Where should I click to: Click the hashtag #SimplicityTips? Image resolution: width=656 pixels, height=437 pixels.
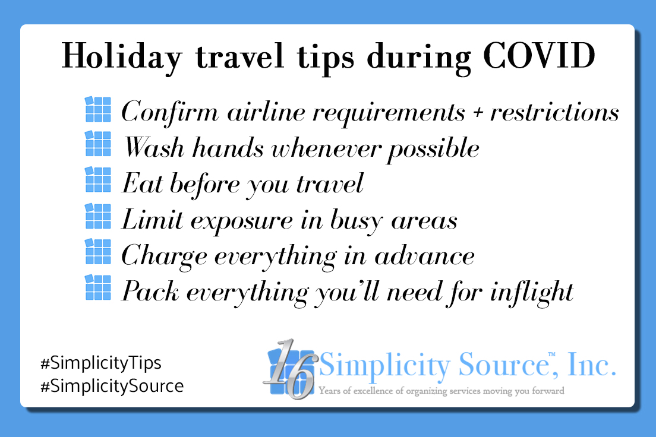99,363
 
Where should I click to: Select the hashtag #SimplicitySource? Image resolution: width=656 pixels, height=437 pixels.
111,387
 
